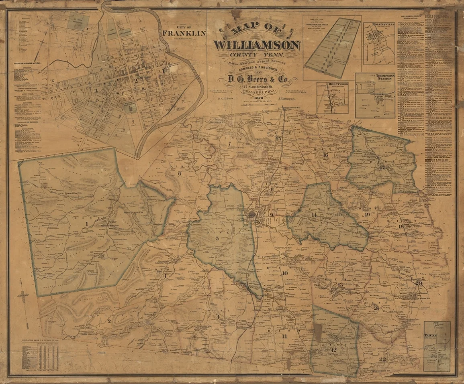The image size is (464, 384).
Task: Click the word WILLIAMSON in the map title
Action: (258, 45)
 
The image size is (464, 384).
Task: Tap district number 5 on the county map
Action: (217, 238)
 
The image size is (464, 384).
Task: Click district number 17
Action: (382, 167)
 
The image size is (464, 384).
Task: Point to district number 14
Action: (314, 215)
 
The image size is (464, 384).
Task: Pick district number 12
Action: (333, 350)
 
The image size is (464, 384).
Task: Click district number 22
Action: (382, 359)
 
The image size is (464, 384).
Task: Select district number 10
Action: (285, 273)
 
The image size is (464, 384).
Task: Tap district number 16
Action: (325, 155)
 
